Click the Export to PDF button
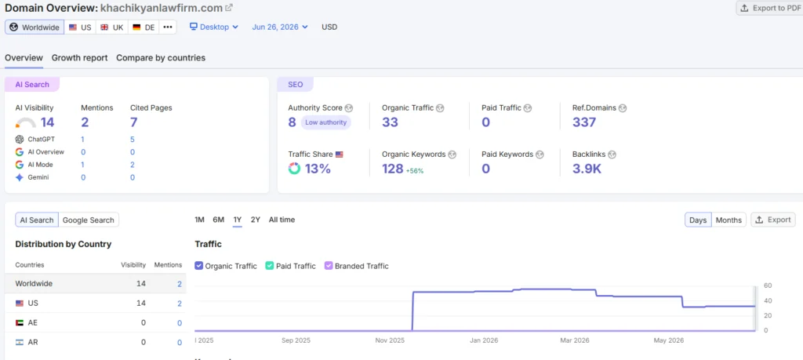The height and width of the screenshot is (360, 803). [770, 8]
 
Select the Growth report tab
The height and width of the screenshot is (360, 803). [79, 58]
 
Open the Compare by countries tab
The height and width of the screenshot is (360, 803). [161, 58]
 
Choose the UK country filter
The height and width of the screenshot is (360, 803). [111, 27]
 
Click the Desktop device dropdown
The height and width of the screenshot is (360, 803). [214, 27]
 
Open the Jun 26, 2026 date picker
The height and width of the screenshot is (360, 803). [280, 27]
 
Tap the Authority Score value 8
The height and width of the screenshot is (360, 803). [292, 122]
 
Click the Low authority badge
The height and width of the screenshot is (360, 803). [325, 122]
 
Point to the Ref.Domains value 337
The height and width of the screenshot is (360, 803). [584, 122]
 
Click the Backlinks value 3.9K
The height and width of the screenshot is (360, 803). [587, 169]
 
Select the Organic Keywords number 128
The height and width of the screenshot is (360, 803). [393, 169]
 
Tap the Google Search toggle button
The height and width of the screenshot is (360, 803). [88, 220]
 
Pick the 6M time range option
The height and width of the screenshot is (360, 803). [219, 220]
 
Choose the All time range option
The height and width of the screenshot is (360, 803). [282, 220]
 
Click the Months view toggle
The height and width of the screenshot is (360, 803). [729, 220]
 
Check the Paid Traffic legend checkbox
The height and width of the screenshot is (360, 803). [270, 266]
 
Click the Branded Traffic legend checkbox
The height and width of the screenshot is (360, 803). [329, 266]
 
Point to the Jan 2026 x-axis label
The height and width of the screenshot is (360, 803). [484, 340]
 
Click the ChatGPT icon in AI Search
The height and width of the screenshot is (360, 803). [20, 140]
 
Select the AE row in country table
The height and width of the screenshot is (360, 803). [95, 322]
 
